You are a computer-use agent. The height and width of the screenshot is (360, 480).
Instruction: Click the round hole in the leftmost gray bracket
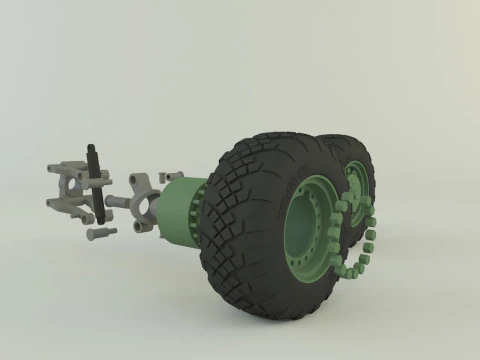[x=73, y=185]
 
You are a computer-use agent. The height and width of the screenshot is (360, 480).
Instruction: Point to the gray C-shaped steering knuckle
[x=143, y=205]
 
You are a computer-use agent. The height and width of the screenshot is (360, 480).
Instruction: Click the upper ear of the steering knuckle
[x=140, y=181]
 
